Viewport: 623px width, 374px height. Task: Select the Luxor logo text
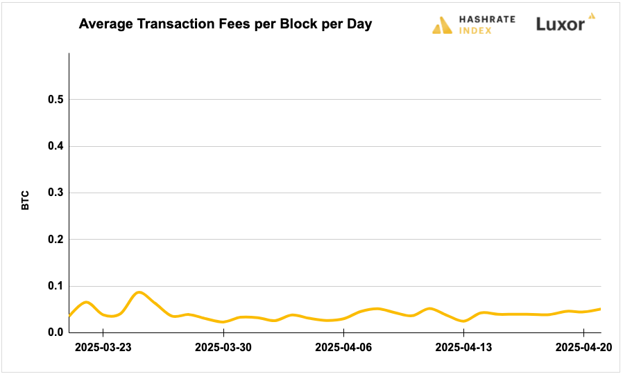click(x=560, y=24)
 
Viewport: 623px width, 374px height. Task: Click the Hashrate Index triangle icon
click(x=442, y=26)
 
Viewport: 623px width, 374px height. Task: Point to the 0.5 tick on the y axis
click(x=56, y=100)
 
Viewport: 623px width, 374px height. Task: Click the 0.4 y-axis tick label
click(x=56, y=146)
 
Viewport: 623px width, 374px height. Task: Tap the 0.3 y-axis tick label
click(x=56, y=193)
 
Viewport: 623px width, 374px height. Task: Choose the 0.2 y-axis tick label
click(x=56, y=240)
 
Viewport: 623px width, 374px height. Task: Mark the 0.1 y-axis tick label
click(x=56, y=286)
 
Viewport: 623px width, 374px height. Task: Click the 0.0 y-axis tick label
click(x=56, y=332)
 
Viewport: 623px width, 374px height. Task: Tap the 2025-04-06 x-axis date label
click(x=343, y=347)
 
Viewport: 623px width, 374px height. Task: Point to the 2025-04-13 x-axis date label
click(x=463, y=347)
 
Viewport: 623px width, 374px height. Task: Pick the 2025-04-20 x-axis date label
click(x=582, y=347)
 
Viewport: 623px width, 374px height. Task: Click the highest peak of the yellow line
click(x=139, y=292)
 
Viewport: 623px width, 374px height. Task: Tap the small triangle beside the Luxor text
click(x=591, y=15)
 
